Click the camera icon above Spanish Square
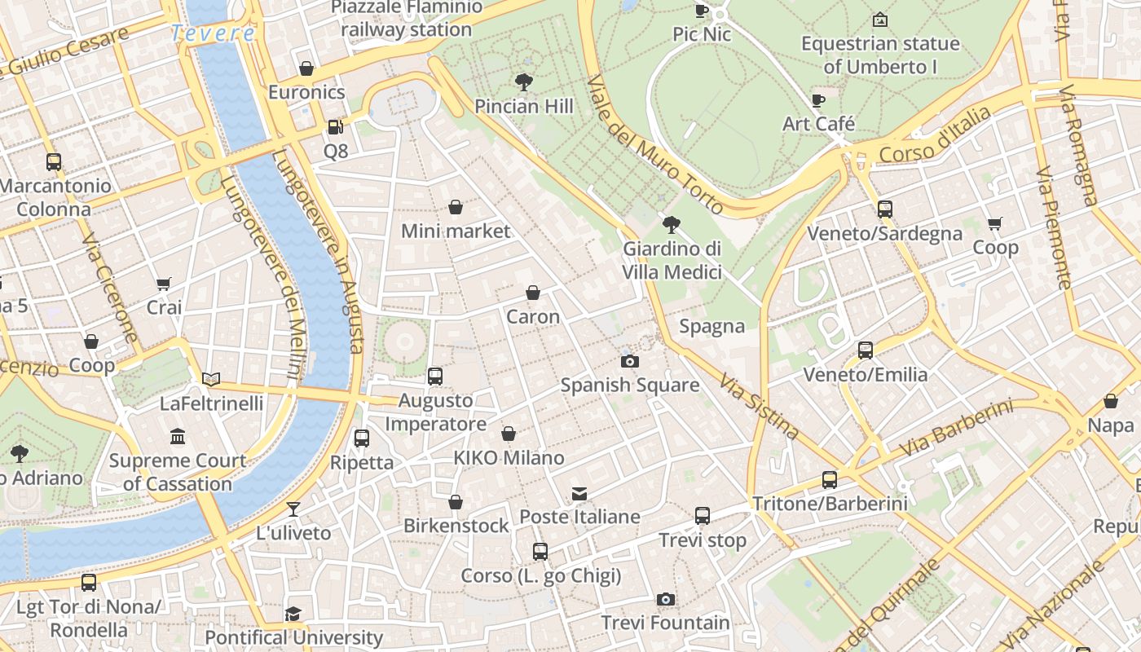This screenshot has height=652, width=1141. pos(629,361)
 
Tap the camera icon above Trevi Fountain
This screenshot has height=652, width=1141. pos(666,600)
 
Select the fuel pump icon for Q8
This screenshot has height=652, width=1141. pos(335,127)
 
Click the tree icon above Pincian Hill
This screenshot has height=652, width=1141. pos(524,82)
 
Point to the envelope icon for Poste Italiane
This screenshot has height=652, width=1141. pos(579,493)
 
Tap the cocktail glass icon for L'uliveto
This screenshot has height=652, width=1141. pos(293,509)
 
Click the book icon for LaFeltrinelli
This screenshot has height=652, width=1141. pos(211,379)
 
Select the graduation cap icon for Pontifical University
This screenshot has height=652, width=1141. pos(293,614)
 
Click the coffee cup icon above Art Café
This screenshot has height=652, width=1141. pos(818,100)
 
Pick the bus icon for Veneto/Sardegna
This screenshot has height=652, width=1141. pos(885,209)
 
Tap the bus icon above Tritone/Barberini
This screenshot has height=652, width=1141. pos(830,480)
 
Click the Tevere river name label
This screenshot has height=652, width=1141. pos(213,33)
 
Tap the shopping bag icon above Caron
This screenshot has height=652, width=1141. pos(533,293)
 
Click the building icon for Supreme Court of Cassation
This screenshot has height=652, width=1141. pos(178,437)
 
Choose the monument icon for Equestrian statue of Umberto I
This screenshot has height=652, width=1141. pos(879,20)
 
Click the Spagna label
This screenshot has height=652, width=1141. pos(712,327)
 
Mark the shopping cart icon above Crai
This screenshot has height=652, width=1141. pos(164,284)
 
